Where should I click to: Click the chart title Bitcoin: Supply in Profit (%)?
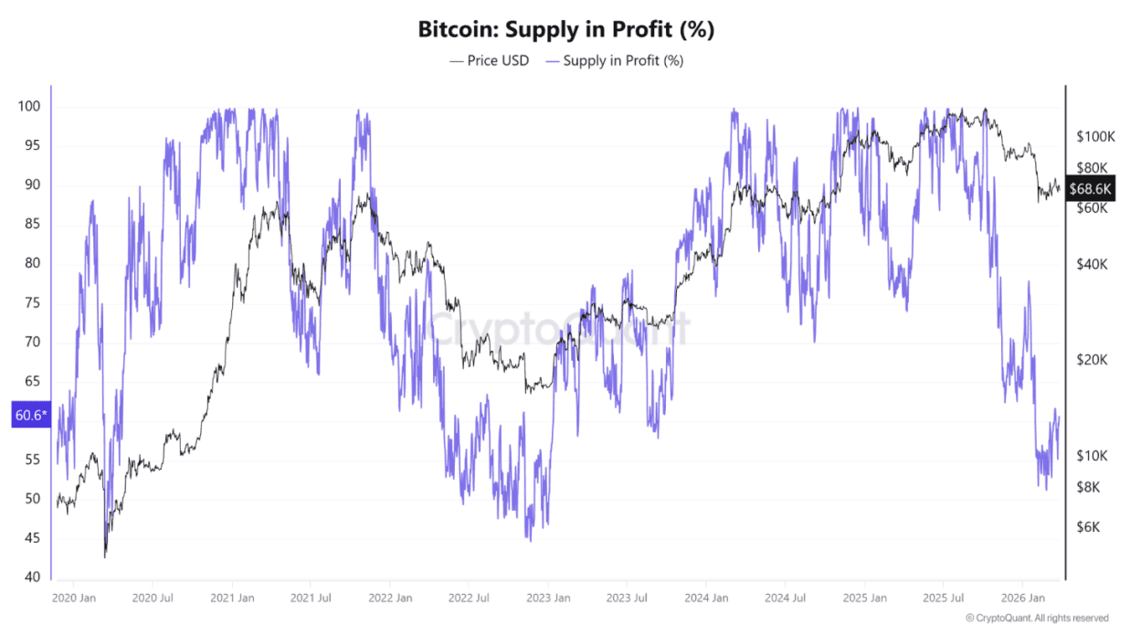(x=565, y=29)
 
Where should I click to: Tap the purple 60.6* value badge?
(x=28, y=416)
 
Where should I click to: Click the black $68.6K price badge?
(x=1091, y=188)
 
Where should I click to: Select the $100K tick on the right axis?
(x=1095, y=136)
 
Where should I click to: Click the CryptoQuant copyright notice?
(x=1037, y=619)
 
